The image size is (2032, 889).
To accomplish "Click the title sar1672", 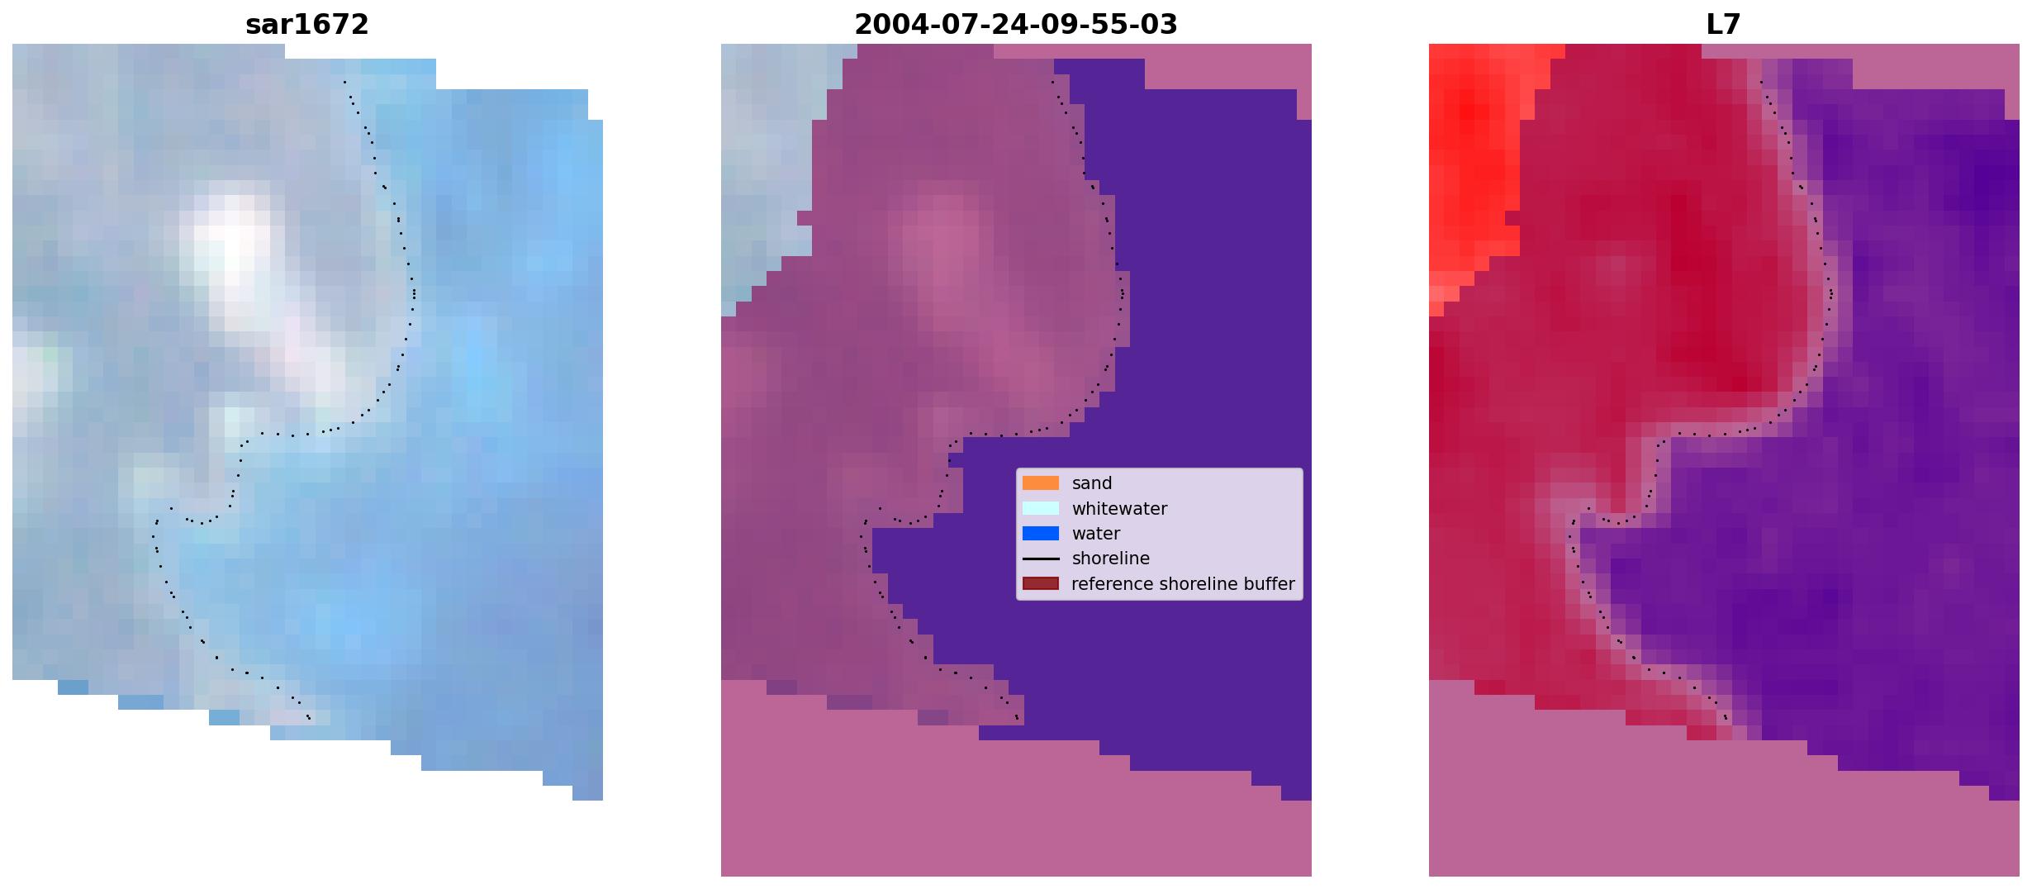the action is pos(307,25).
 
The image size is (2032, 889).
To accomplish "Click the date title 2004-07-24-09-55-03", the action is pos(1016,25).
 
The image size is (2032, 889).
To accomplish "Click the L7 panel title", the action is pos(1724,25).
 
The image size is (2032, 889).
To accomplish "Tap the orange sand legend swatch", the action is pos(1041,483).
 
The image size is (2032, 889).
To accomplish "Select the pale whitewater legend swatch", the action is pos(1041,508).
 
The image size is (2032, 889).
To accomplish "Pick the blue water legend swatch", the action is pos(1041,534).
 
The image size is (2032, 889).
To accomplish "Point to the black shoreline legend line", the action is pos(1041,559).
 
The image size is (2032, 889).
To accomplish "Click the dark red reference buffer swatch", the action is pos(1041,583).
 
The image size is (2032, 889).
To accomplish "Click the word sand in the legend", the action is pos(1092,483).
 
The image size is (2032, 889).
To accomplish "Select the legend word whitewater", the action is pos(1119,509).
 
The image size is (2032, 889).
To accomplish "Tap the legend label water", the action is pos(1096,534).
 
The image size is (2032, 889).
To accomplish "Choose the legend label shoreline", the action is pos(1111,559).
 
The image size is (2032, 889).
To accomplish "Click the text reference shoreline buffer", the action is pos(1183,584).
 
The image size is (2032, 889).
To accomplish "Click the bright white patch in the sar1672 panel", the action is pos(231,248).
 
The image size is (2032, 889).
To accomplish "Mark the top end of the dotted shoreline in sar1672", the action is pos(344,81).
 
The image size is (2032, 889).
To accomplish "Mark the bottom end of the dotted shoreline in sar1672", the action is pos(309,718).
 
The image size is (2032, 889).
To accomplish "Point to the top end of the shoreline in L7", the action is pos(1761,81).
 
